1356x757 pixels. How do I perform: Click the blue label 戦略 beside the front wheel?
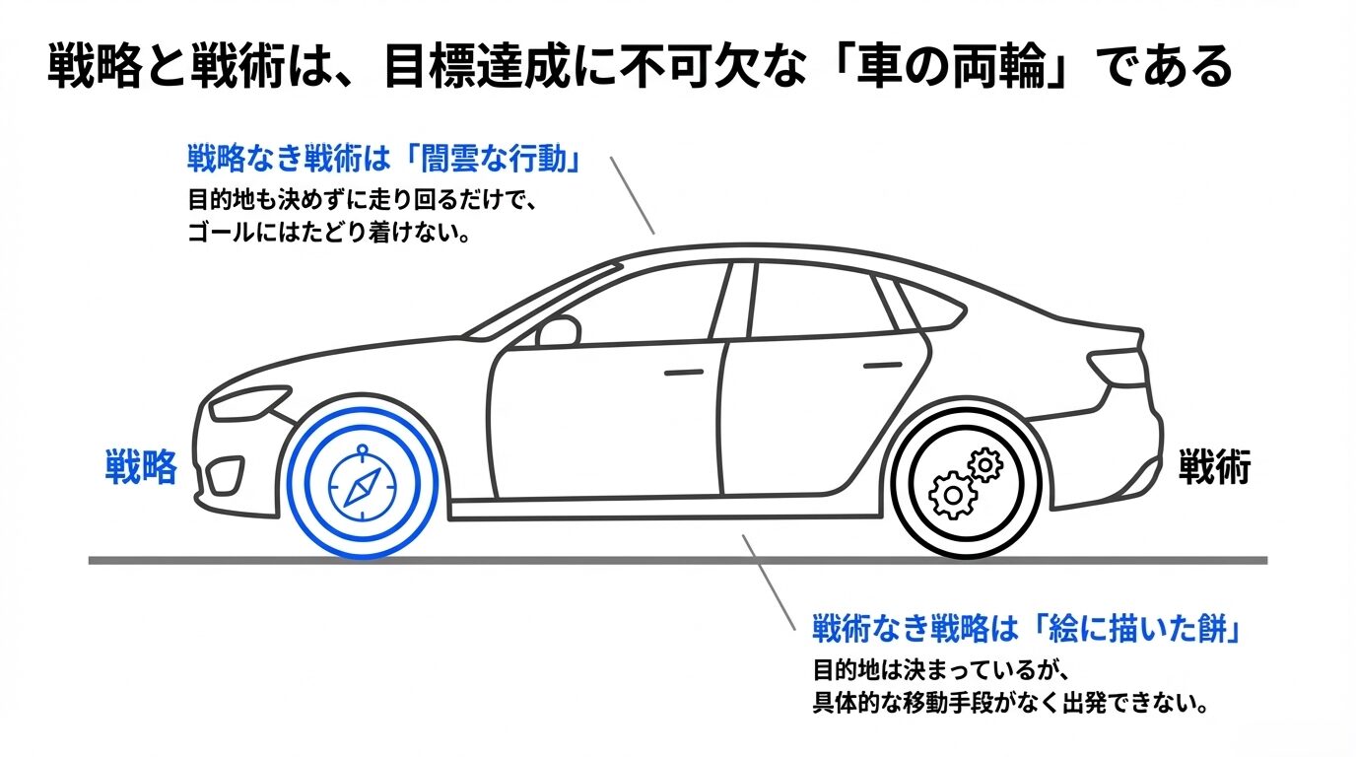(x=141, y=466)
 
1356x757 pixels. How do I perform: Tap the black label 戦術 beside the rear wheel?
(x=1214, y=467)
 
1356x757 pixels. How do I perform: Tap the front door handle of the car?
(x=684, y=373)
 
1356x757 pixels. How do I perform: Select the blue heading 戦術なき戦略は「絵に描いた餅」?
(x=1025, y=629)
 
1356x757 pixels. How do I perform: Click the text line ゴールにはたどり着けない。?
(x=327, y=236)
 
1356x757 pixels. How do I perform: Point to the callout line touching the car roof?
(x=632, y=194)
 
